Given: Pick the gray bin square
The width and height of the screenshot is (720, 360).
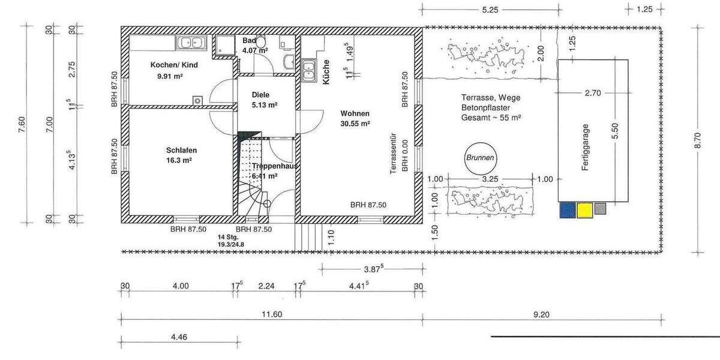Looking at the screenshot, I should [601, 209].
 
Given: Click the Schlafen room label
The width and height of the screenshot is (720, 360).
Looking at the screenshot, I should [181, 150].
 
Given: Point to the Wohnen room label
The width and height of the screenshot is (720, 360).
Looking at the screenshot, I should [355, 113].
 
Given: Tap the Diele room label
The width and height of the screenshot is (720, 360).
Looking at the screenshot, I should [260, 95].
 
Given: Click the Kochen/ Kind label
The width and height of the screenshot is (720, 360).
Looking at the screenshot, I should [173, 65].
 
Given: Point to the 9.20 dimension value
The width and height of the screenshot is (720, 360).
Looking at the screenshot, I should [541, 314].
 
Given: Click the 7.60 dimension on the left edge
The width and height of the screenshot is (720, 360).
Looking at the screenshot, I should [23, 124].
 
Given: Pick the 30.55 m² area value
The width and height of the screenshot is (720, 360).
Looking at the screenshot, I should [355, 124].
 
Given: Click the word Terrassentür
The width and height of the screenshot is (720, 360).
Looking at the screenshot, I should [394, 153].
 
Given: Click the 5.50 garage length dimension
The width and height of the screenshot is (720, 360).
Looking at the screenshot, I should [614, 130].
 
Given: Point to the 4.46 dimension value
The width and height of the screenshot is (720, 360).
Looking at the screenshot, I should [179, 337].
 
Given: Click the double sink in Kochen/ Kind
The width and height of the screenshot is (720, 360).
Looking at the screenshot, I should [190, 42].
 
